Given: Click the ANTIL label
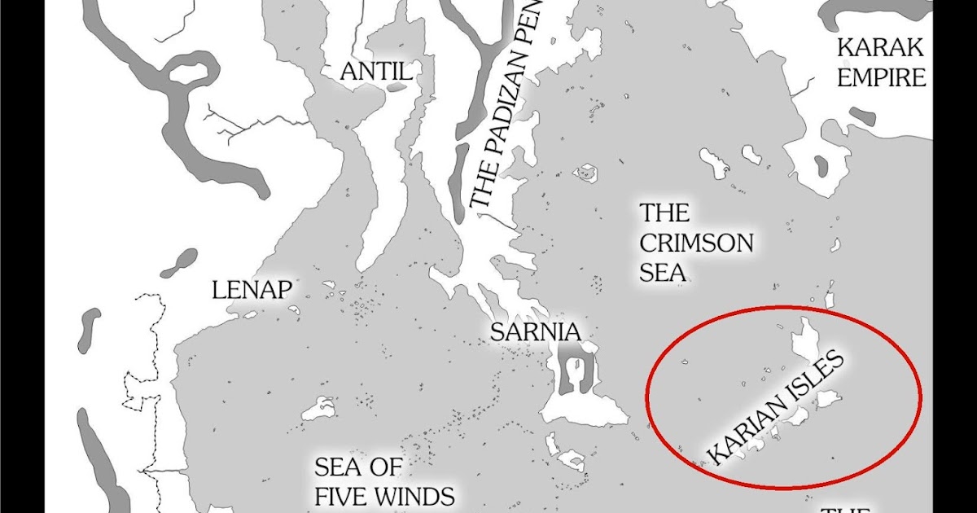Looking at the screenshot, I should click(375, 72).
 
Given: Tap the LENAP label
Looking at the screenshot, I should click(252, 290).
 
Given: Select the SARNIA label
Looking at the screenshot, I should click(535, 332).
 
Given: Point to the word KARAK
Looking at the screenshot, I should click(881, 47).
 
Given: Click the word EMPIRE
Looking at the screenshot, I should click(882, 77).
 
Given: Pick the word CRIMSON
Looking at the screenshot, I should click(696, 243).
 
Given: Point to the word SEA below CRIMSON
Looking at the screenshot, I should click(662, 272).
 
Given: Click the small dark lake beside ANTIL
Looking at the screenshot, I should click(397, 85).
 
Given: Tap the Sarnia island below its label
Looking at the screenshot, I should click(580, 391).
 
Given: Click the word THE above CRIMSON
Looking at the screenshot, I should click(664, 213).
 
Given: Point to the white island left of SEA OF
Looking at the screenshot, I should click(318, 409).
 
